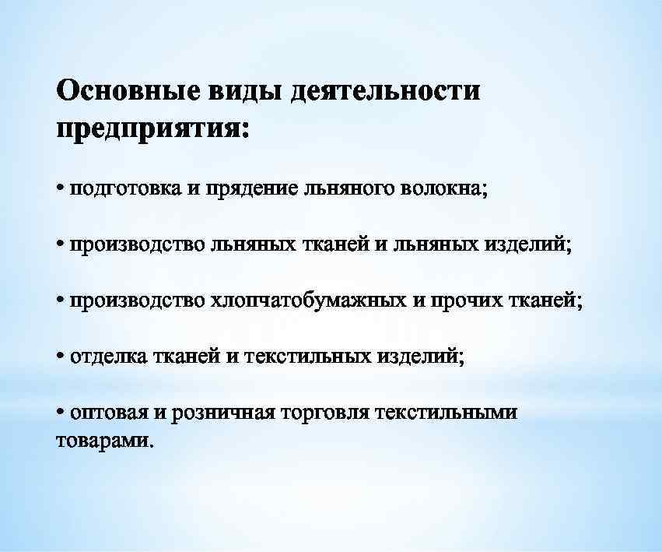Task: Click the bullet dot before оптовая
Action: (61, 412)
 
